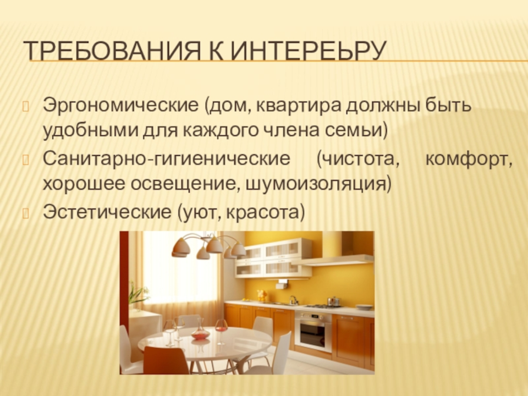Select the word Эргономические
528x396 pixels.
120,106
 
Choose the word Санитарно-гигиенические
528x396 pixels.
166,159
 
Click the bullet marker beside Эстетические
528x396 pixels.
26,213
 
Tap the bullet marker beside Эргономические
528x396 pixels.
26,106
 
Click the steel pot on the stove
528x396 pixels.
333,301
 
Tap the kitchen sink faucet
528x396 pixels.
294,300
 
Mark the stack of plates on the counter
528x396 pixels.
364,307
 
